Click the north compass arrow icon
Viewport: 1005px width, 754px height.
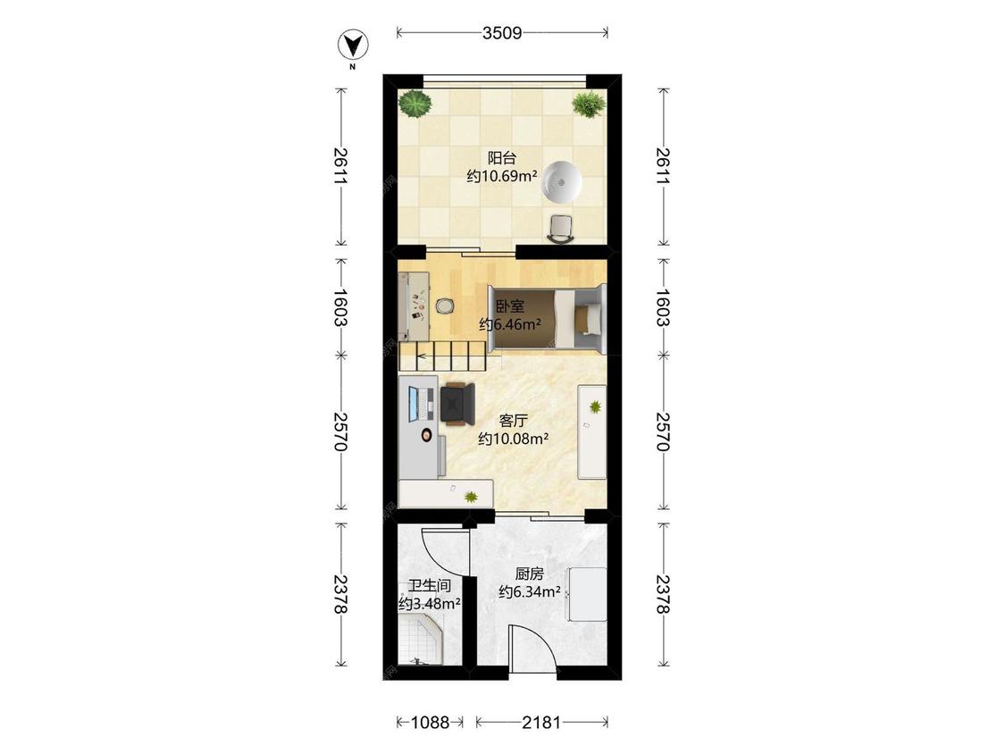353,45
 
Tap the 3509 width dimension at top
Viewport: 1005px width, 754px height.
502,33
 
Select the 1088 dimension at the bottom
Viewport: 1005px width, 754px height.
430,723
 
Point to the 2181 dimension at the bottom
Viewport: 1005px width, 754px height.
541,723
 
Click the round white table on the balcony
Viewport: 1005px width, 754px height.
562,181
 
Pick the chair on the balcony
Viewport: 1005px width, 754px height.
562,229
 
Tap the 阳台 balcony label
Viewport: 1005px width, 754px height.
502,158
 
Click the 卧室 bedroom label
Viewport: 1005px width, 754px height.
510,306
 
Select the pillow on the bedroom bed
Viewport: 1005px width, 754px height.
588,319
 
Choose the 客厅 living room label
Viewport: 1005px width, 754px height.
514,421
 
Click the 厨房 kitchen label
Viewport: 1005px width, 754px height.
530,574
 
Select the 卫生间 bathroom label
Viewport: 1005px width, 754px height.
430,585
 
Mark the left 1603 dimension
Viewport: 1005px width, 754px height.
340,307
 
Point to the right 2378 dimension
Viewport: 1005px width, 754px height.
663,594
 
